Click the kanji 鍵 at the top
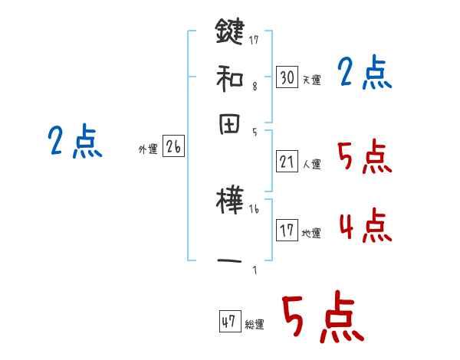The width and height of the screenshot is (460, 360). pos(230,32)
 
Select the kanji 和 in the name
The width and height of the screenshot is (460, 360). pos(230,77)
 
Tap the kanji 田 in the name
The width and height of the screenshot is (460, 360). pos(230,124)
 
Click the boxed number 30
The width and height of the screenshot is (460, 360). pos(287,77)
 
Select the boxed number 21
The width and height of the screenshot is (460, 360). pos(287,161)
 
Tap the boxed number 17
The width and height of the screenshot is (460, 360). pos(287,231)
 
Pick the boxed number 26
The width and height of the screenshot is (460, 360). pos(173,148)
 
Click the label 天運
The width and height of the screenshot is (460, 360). pos(311,80)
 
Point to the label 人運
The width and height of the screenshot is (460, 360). pos(311,164)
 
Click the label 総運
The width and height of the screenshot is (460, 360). pos(255,324)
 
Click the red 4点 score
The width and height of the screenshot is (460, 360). pos(365,227)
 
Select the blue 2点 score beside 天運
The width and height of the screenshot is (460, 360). pos(365,74)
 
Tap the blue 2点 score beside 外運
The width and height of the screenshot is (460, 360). pos(74,142)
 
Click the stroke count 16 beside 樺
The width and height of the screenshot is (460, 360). pos(254,208)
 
